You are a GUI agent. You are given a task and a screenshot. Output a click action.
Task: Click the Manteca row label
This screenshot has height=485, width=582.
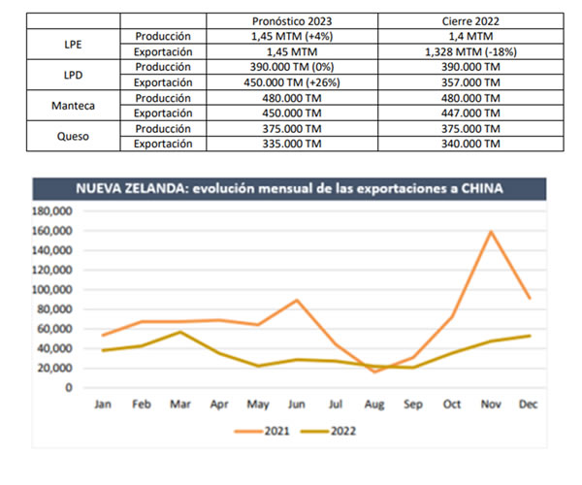pyautogui.click(x=73, y=104)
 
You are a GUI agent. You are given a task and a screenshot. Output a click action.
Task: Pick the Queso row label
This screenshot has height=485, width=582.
pyautogui.click(x=73, y=136)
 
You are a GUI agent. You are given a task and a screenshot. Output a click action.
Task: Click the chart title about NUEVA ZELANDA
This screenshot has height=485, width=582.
pyautogui.click(x=292, y=188)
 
